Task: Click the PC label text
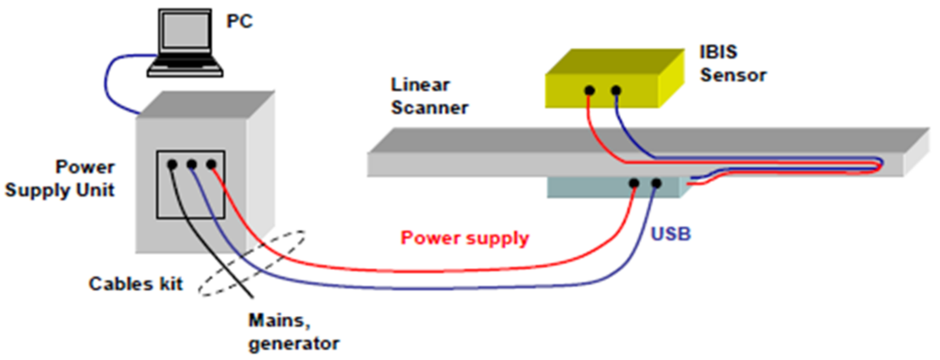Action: (239, 21)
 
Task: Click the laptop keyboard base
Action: (185, 67)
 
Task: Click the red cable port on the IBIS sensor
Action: (589, 91)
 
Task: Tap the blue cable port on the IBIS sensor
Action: (616, 90)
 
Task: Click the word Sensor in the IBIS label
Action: (733, 76)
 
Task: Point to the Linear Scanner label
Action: (429, 97)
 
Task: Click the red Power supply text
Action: (465, 238)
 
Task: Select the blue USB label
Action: (671, 234)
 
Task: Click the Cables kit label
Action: (136, 284)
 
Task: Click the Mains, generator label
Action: (293, 332)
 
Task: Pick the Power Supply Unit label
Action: (60, 179)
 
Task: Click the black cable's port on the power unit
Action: (172, 165)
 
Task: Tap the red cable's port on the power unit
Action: (211, 164)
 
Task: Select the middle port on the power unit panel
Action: (192, 164)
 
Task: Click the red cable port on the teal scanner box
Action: (634, 183)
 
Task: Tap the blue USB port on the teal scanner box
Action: (656, 183)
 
